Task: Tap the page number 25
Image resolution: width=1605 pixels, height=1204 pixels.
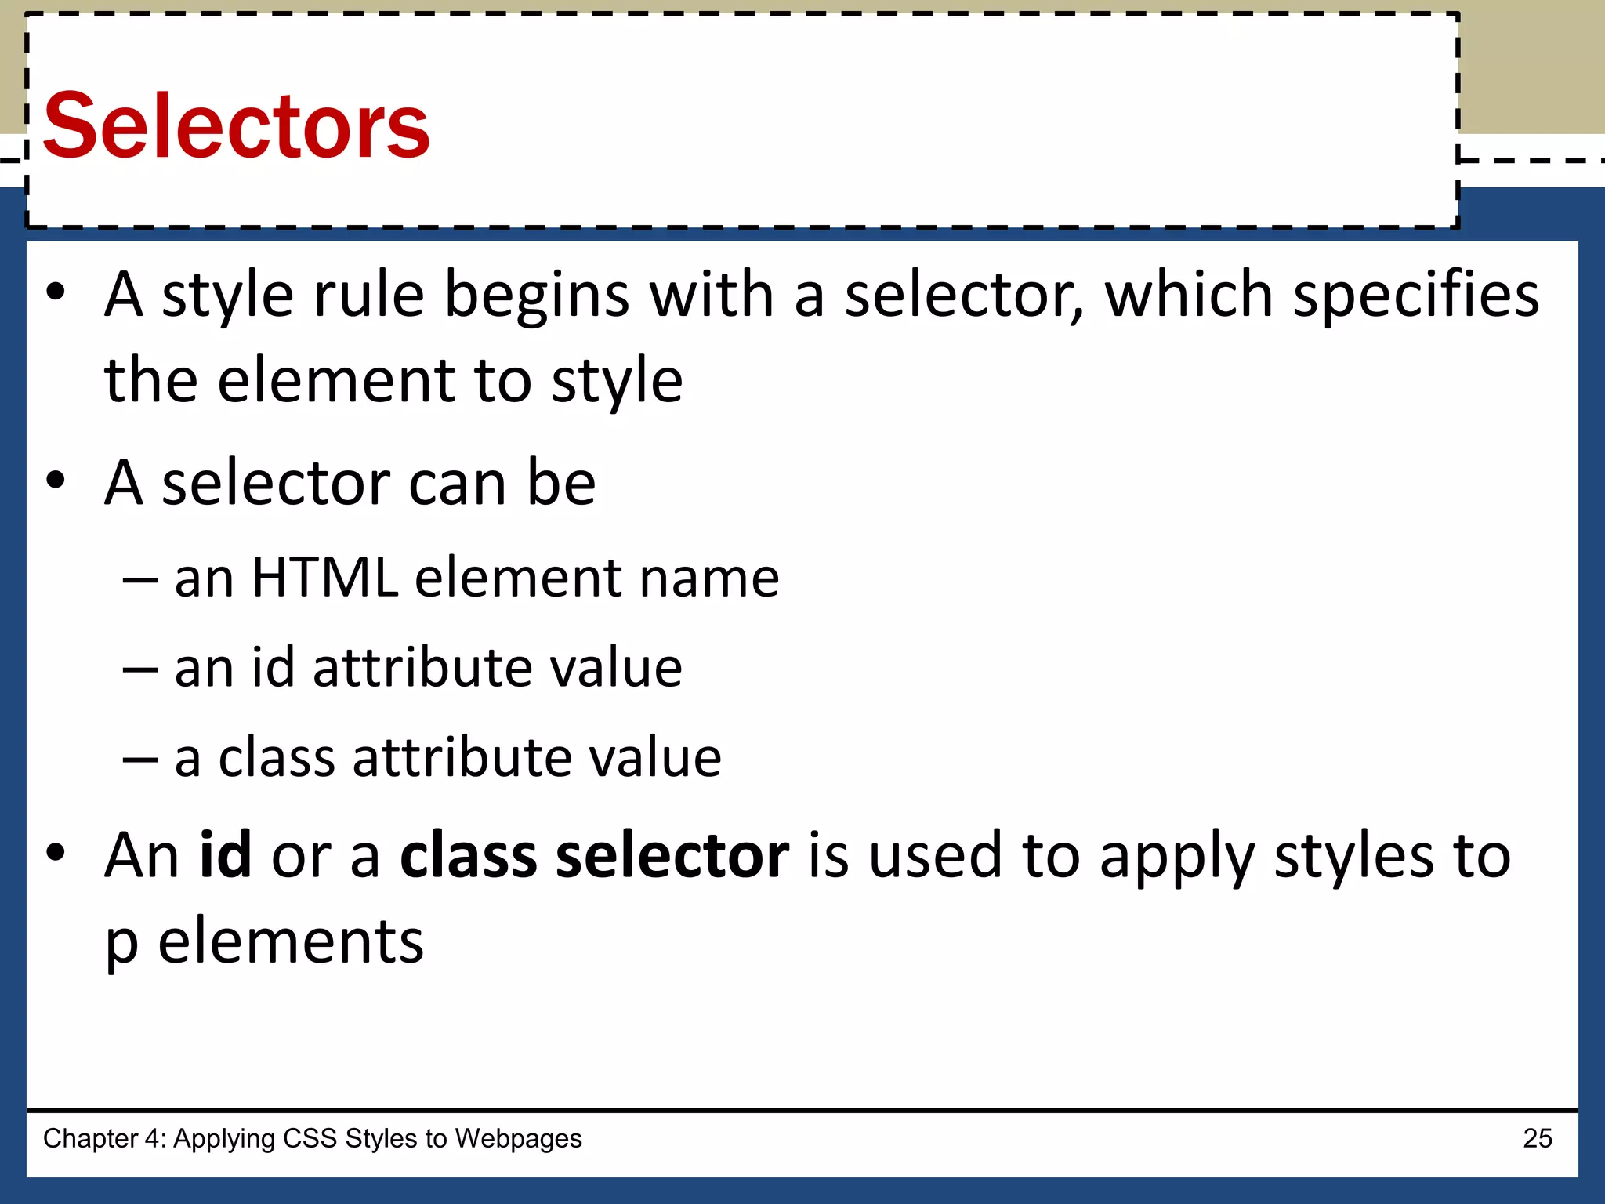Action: (1537, 1138)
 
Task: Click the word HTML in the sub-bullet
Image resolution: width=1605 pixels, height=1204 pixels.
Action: (324, 578)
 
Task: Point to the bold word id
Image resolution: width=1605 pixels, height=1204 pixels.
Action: (225, 854)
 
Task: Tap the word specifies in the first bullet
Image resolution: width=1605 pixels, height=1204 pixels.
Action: (1415, 296)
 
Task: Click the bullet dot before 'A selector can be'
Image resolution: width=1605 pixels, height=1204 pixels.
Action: (56, 481)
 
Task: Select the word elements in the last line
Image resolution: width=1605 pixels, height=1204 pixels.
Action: (291, 941)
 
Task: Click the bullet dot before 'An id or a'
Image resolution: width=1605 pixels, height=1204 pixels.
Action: (56, 853)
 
